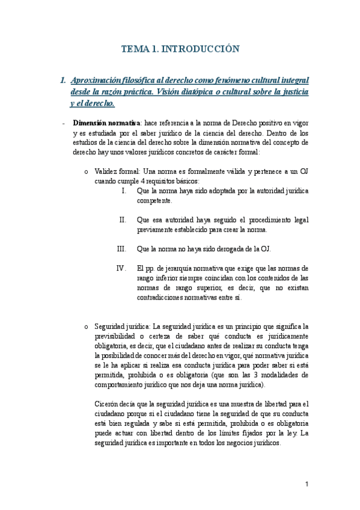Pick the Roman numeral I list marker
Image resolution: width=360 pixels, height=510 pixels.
(123, 191)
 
